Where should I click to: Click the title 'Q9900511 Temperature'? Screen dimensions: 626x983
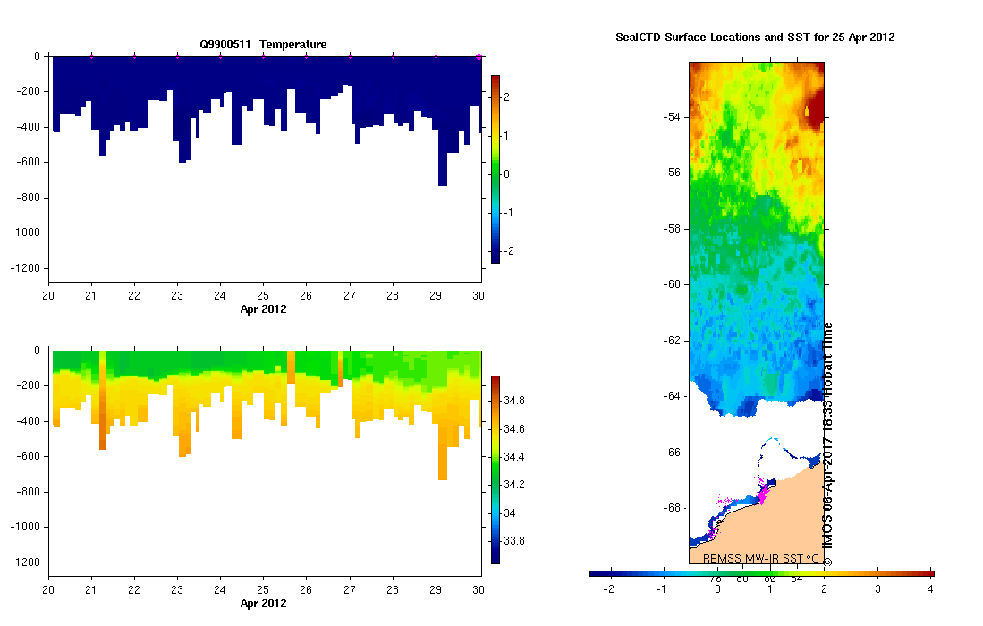point(263,44)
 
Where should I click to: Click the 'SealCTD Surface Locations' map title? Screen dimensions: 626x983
point(755,38)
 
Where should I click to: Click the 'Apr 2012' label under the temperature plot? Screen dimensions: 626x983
point(263,309)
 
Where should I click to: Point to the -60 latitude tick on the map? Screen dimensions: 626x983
point(672,284)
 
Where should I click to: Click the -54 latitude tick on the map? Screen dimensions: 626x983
point(672,117)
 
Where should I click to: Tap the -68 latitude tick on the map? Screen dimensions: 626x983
point(672,508)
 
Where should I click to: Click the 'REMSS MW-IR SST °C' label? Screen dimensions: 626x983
point(760,558)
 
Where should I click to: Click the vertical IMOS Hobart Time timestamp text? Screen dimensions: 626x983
point(827,444)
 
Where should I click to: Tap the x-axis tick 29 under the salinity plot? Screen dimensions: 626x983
point(436,591)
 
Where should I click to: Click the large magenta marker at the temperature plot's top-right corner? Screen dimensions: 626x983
point(479,56)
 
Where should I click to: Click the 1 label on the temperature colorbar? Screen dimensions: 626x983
point(506,135)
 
